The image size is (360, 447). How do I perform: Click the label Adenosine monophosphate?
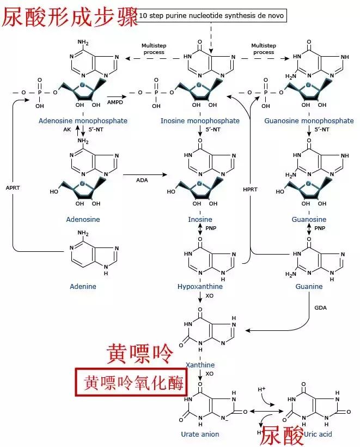click(83, 120)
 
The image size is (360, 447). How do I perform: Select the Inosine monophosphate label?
click(200, 120)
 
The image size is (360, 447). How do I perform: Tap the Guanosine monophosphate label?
click(316, 120)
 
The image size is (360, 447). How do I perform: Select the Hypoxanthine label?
click(200, 286)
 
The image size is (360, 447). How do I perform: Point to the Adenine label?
click(83, 286)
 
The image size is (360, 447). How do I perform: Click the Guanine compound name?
click(309, 286)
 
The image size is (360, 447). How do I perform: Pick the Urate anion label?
click(200, 434)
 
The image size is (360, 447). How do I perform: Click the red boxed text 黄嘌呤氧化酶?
click(130, 383)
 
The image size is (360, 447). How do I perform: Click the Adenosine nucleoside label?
click(83, 219)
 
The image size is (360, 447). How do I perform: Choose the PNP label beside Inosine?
click(211, 228)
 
